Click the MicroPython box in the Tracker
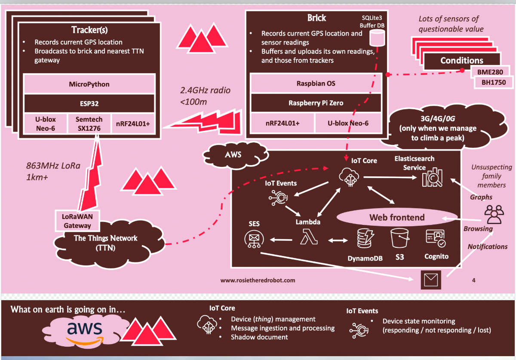pyautogui.click(x=89, y=84)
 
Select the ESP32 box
pyautogui.click(x=89, y=104)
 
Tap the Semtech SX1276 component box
pyautogui.click(x=89, y=124)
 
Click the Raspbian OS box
pyautogui.click(x=316, y=83)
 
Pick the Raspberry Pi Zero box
pyautogui.click(x=316, y=103)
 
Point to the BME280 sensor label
pyautogui.click(x=490, y=72)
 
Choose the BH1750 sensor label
pyautogui.click(x=494, y=83)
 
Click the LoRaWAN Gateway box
pyautogui.click(x=77, y=221)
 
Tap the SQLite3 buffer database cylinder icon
pyautogui.click(x=377, y=38)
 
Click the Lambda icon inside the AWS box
pyautogui.click(x=309, y=237)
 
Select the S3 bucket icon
pyautogui.click(x=399, y=238)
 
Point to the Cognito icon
pyautogui.click(x=436, y=239)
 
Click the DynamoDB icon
pyautogui.click(x=365, y=239)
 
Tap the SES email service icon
pyautogui.click(x=254, y=240)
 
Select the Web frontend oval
pyautogui.click(x=396, y=217)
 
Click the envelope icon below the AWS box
pyautogui.click(x=431, y=280)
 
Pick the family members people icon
pyautogui.click(x=494, y=214)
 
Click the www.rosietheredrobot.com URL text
pyautogui.click(x=258, y=280)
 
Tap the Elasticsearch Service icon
pyautogui.click(x=432, y=177)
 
